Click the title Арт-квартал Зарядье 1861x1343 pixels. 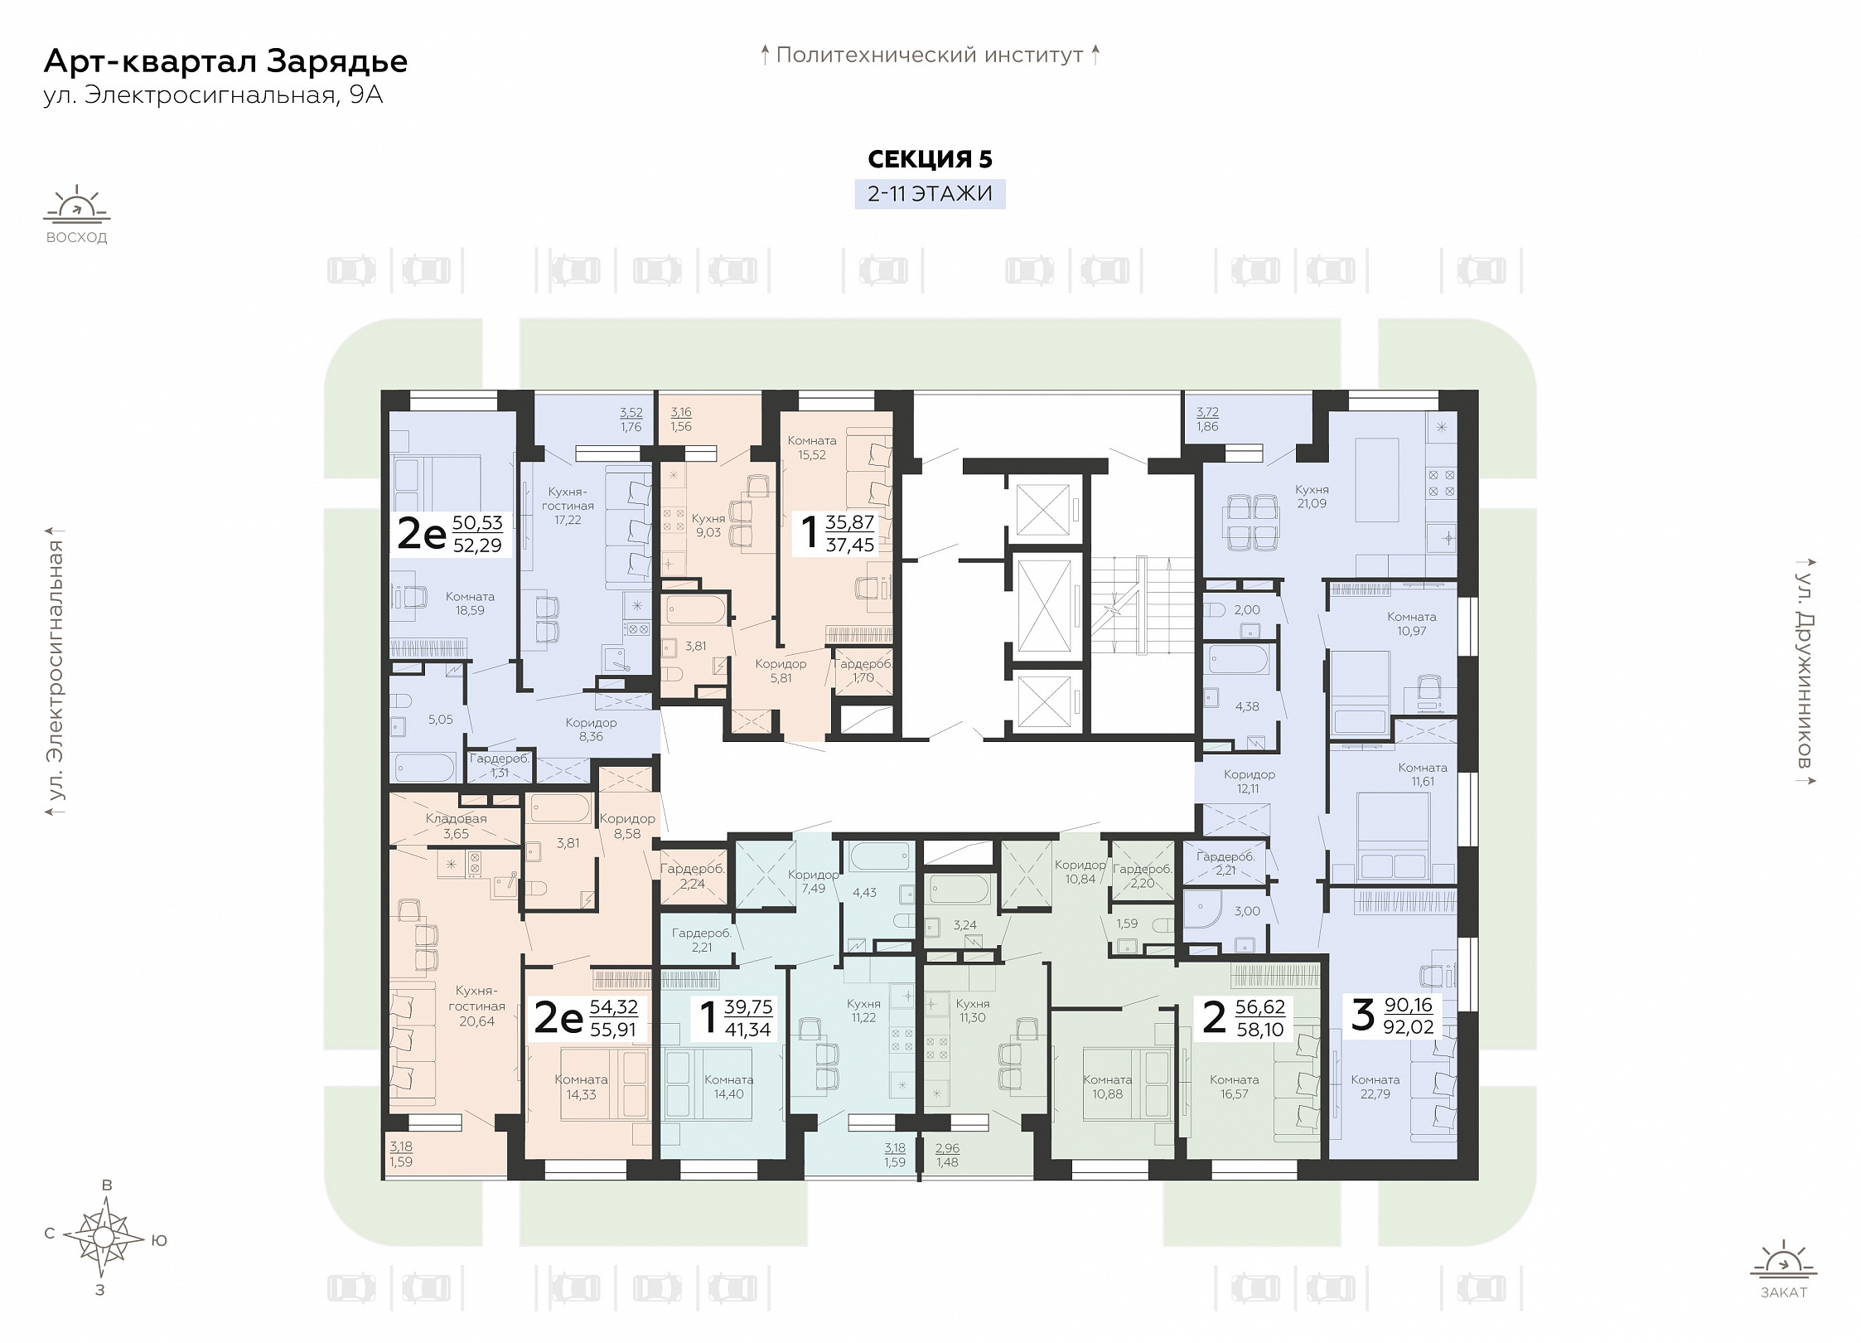tap(225, 62)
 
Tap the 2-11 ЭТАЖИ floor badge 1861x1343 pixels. tap(930, 194)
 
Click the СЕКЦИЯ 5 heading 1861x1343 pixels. tap(930, 159)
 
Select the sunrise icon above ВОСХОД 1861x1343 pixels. tap(77, 206)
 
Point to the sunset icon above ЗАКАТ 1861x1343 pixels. tap(1783, 1282)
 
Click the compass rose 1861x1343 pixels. tap(104, 1238)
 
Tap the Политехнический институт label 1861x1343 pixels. tap(930, 56)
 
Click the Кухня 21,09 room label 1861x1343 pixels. tap(1312, 497)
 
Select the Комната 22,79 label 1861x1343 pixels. tap(1375, 1087)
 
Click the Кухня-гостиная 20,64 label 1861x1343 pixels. tap(477, 1006)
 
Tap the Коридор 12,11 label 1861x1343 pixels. tap(1249, 782)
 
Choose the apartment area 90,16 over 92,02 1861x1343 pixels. tap(1409, 1016)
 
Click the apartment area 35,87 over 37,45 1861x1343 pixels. tap(850, 533)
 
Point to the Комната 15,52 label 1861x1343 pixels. tap(812, 448)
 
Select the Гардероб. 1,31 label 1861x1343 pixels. tap(500, 765)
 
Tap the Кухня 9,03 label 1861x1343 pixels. tap(708, 526)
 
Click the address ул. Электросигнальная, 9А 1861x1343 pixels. tap(213, 95)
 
